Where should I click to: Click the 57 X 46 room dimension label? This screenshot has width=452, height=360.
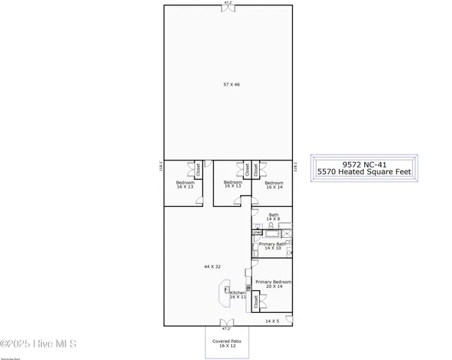[231, 85]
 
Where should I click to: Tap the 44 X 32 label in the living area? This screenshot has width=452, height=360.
[212, 266]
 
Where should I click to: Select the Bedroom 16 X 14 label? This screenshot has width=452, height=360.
[273, 184]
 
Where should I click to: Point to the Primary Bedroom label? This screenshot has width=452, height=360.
[273, 283]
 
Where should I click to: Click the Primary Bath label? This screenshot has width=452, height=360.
[272, 245]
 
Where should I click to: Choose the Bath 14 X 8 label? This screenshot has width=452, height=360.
[273, 217]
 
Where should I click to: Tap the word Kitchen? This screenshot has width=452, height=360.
[237, 292]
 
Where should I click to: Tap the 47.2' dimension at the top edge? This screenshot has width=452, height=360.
[227, 3]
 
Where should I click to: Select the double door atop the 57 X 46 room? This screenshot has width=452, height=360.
[227, 8]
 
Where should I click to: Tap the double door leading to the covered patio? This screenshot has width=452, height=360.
[226, 323]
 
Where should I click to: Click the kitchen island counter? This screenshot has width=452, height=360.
[224, 294]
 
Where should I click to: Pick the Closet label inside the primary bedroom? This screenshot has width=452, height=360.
[256, 302]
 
